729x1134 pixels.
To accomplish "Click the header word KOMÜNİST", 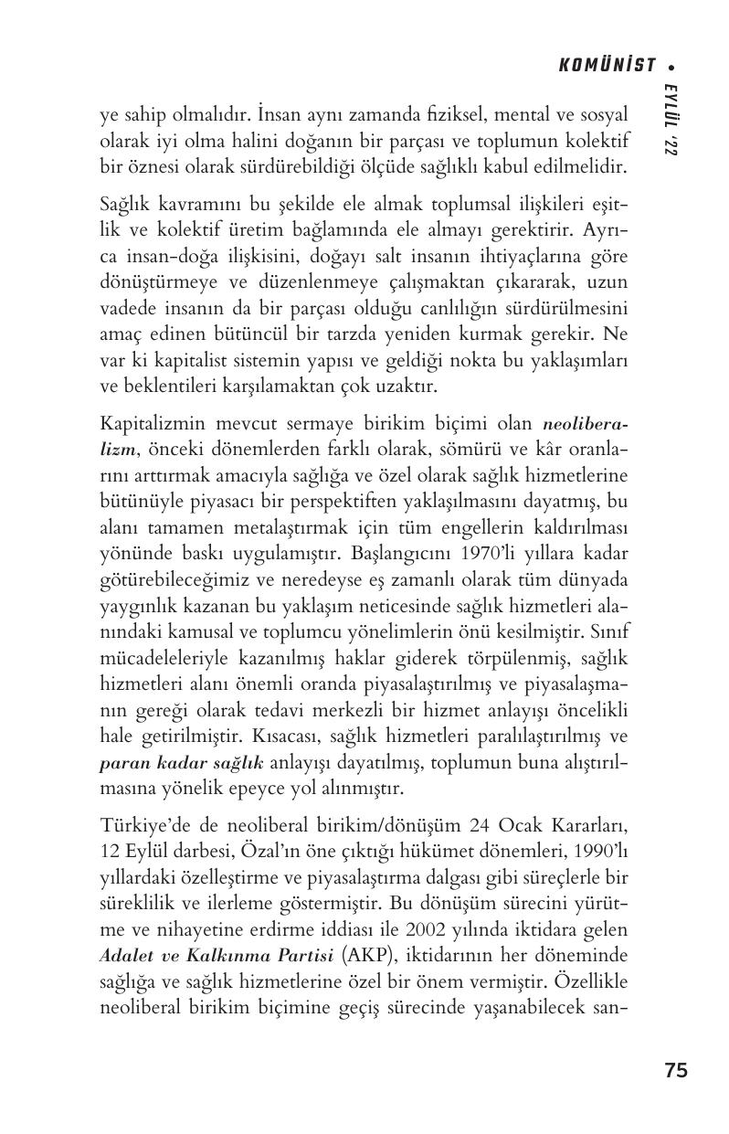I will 607,65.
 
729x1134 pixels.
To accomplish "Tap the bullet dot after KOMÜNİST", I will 672,66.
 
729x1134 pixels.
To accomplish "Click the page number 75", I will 676,1071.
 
